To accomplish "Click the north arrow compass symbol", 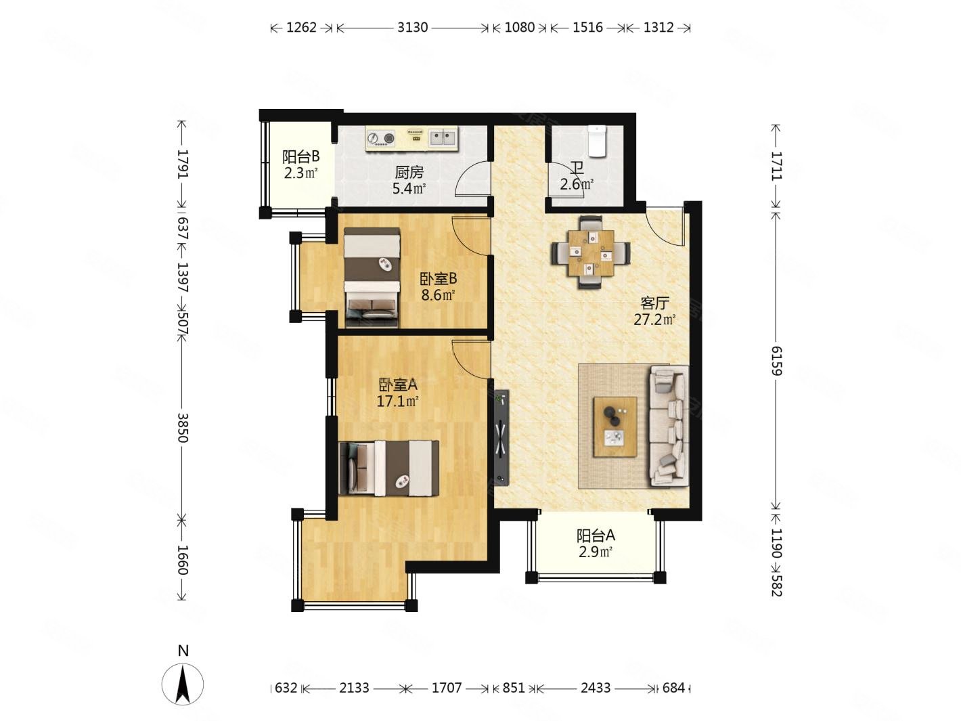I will pyautogui.click(x=183, y=683).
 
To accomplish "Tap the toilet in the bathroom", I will pyautogui.click(x=596, y=140).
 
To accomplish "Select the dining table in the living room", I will pyautogui.click(x=591, y=252).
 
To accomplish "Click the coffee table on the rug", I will pyautogui.click(x=614, y=427).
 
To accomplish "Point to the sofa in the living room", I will pyautogui.click(x=669, y=426).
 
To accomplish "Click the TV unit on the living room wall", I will pyautogui.click(x=501, y=437).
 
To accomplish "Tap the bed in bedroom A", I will pyautogui.click(x=388, y=468).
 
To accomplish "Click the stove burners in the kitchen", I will pyautogui.click(x=380, y=139).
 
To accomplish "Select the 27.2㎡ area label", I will pyautogui.click(x=654, y=320).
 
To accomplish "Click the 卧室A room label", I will pyautogui.click(x=397, y=385).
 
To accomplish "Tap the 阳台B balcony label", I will pyautogui.click(x=300, y=156).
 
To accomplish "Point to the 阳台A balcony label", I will pyautogui.click(x=596, y=536).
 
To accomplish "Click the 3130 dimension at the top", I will pyautogui.click(x=412, y=28).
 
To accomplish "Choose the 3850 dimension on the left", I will pyautogui.click(x=181, y=428).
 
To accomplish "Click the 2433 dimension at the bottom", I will pyautogui.click(x=596, y=688).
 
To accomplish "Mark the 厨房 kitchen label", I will pyautogui.click(x=409, y=173).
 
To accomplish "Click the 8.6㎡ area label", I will pyautogui.click(x=438, y=294).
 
